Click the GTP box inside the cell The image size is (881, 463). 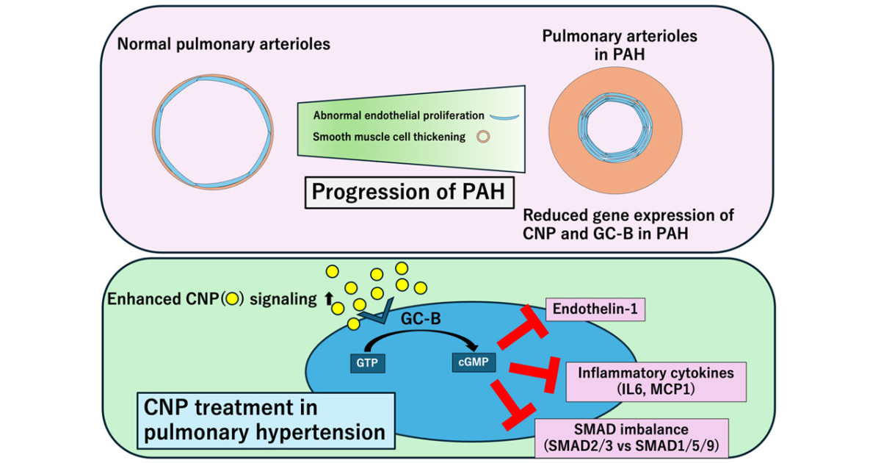click(x=366, y=362)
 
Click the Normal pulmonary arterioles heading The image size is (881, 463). click(x=223, y=45)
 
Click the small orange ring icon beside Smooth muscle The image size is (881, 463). click(x=484, y=137)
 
